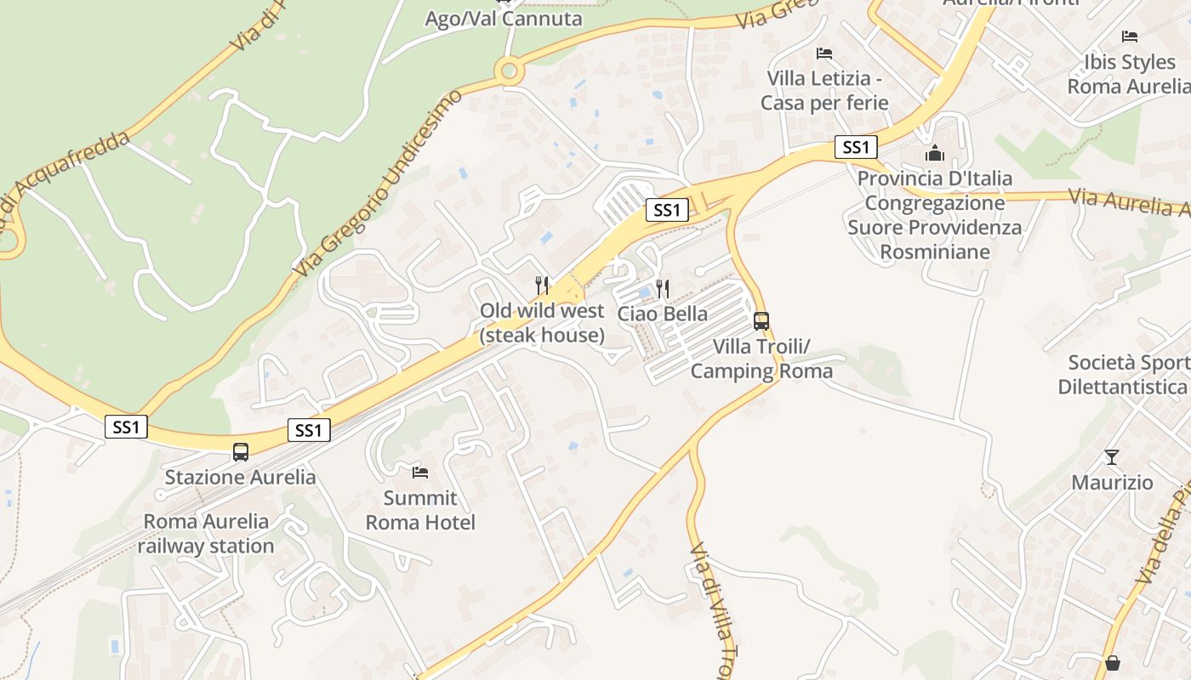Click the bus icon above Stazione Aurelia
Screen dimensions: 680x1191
pos(241,451)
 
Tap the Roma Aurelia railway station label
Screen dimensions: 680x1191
pos(206,534)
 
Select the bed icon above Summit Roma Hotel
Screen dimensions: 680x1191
pos(419,472)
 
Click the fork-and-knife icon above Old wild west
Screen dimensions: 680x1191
pos(541,284)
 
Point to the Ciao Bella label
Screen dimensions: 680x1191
pos(662,314)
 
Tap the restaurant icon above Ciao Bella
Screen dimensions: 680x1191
pos(662,289)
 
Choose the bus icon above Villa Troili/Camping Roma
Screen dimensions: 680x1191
pos(761,321)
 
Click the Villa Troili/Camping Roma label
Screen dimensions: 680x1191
pos(761,359)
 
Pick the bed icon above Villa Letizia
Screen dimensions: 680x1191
pos(823,53)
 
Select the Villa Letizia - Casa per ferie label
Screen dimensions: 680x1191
pos(823,91)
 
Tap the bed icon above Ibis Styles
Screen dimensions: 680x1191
pos(1130,36)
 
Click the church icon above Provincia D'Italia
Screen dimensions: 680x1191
pos(935,154)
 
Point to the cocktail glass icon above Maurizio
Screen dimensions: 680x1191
pos(1112,457)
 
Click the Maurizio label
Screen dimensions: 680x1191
pos(1112,483)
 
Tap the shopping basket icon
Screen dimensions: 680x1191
pos(1112,662)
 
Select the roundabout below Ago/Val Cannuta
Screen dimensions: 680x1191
pos(510,71)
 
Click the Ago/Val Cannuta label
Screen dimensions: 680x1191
pos(504,19)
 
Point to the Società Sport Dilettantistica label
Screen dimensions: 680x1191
pos(1124,375)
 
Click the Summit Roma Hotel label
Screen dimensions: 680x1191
pos(420,510)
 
